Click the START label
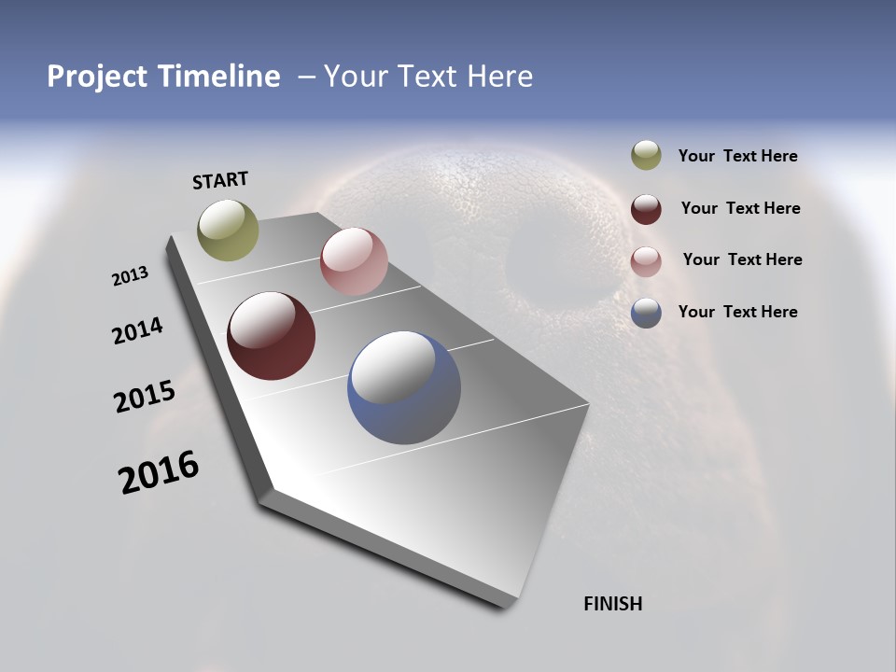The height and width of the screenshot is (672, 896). coord(220,180)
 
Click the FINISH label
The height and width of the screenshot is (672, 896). coord(613,604)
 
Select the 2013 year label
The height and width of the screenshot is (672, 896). coord(131,276)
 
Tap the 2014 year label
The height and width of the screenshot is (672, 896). coord(137,330)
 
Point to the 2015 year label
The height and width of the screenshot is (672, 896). coord(145,397)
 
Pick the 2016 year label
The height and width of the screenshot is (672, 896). coord(159,472)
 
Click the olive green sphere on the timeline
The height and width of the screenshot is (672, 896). coord(228,230)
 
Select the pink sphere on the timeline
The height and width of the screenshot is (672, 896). coord(354,261)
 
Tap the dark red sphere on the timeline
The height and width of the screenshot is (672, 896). coord(271,336)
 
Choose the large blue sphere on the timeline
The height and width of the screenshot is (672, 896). coord(404,387)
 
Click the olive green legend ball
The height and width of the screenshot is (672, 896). coord(646,156)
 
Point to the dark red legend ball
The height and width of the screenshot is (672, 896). coord(646,209)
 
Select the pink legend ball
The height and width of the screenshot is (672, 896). coord(646,260)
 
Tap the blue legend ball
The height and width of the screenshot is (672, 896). coord(646,313)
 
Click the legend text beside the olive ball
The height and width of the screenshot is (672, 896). coord(737,157)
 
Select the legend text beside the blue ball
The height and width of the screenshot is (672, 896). coord(737,312)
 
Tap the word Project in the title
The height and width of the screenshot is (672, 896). coord(95,77)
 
